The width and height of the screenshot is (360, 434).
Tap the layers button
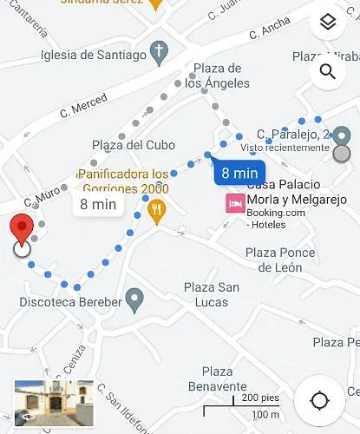click(327, 23)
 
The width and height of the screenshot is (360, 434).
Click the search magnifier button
click(327, 71)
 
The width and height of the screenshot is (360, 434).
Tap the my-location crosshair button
click(319, 400)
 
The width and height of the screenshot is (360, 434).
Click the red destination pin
click(23, 233)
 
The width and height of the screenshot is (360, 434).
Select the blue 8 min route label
click(238, 173)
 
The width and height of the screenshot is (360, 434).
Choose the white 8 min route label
click(98, 205)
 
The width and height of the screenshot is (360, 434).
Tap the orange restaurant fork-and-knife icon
click(157, 210)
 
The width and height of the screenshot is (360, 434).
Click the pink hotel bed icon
click(234, 204)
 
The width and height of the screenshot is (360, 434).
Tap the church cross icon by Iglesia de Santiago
click(158, 55)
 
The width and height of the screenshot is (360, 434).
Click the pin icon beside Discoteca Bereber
click(134, 301)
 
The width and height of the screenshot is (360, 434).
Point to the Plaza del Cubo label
click(134, 145)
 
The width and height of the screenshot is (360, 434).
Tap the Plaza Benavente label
click(219, 378)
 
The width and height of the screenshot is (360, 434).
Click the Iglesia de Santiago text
click(93, 56)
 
